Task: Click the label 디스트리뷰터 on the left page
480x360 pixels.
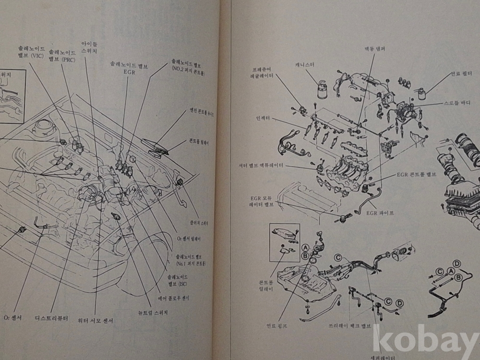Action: pos(52,318)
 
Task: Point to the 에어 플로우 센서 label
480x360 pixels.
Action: pos(173,298)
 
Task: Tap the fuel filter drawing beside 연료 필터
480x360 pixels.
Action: pos(422,93)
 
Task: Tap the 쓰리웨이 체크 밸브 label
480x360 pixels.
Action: pos(349,325)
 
